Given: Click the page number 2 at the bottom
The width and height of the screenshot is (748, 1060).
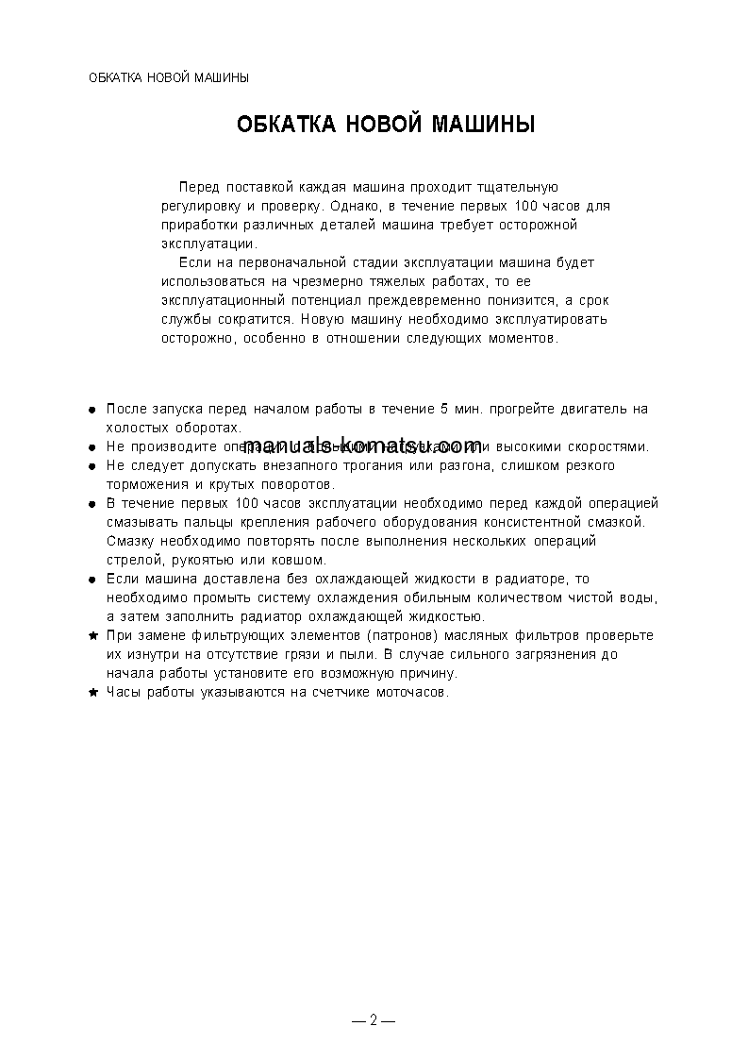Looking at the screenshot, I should pyautogui.click(x=374, y=1020).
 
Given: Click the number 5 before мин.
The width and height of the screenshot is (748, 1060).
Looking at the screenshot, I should pyautogui.click(x=444, y=409).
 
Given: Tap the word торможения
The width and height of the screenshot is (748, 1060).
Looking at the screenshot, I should pyautogui.click(x=149, y=484).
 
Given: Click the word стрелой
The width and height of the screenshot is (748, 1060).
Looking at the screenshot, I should pyautogui.click(x=134, y=560).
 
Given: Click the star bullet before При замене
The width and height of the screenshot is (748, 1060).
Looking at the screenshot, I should pyautogui.click(x=92, y=636).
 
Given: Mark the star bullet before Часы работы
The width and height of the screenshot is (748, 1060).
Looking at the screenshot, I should pyautogui.click(x=92, y=693).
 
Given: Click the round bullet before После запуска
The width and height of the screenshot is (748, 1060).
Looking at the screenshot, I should pyautogui.click(x=92, y=410).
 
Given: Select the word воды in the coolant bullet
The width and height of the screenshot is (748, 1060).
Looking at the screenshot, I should pyautogui.click(x=637, y=597).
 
